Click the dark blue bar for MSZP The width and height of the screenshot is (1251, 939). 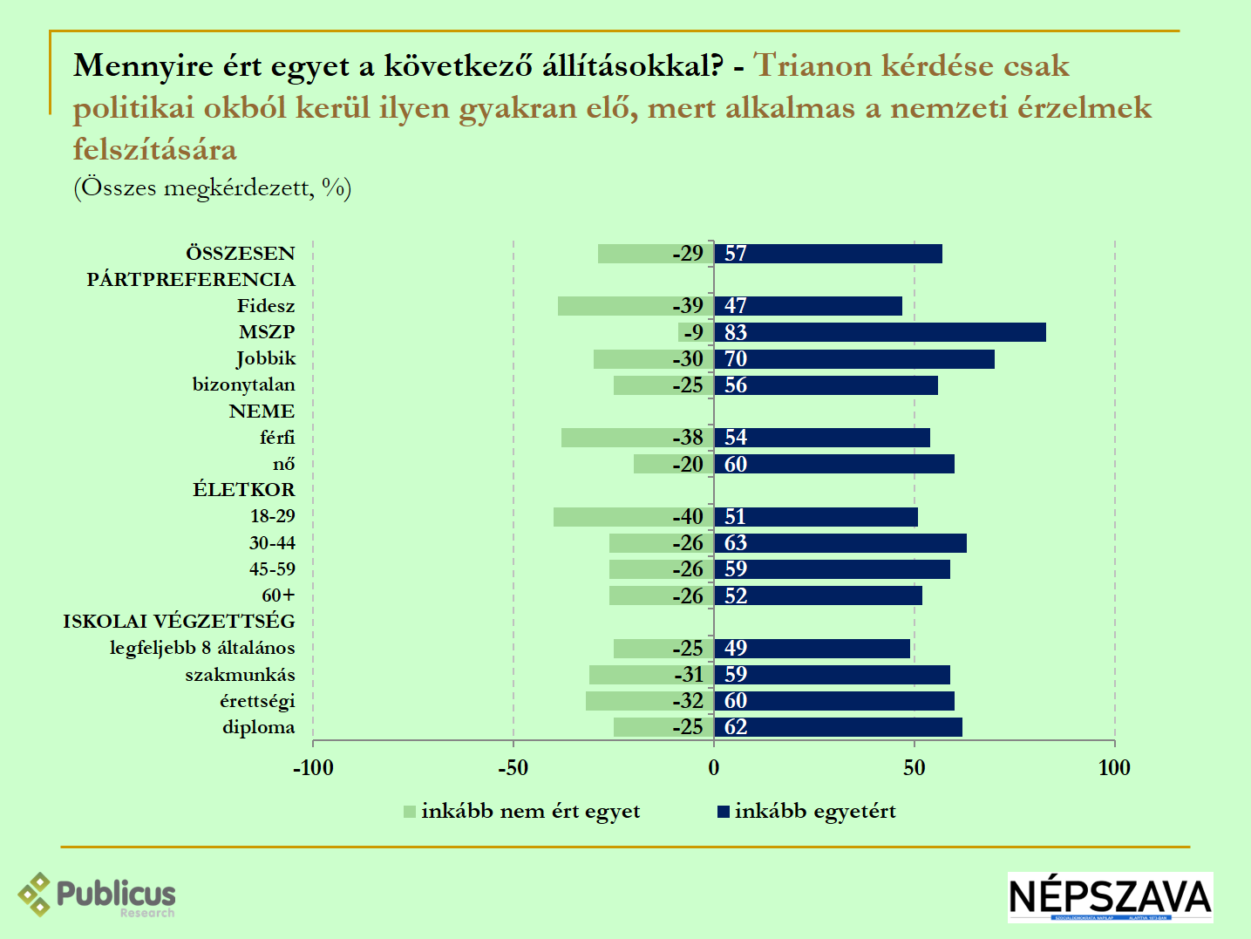(880, 332)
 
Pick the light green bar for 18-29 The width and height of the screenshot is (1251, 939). (610, 516)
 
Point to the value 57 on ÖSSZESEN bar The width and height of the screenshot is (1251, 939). (736, 254)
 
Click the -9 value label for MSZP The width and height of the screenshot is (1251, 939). (693, 332)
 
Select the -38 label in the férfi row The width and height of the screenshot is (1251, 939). (688, 438)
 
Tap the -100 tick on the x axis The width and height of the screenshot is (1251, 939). (313, 767)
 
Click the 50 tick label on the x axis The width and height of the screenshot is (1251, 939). (914, 767)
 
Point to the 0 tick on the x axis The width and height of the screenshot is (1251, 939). (714, 767)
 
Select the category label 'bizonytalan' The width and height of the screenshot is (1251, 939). (244, 384)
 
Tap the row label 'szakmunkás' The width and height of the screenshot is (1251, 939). (240, 675)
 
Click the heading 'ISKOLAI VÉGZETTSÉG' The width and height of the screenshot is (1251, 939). (179, 622)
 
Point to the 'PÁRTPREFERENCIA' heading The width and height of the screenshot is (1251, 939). (191, 280)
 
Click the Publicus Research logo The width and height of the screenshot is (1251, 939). (97, 895)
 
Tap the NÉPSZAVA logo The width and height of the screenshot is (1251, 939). (1110, 897)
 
